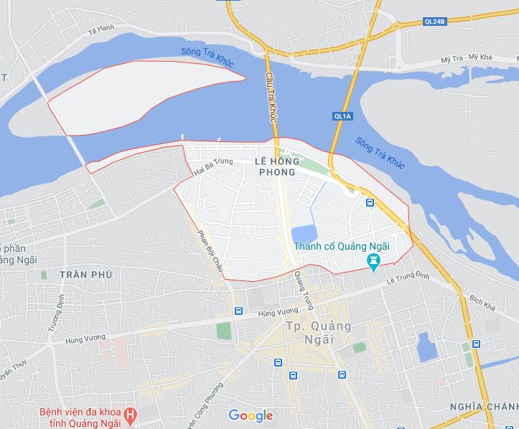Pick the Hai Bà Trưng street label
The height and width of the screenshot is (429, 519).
tap(214, 166)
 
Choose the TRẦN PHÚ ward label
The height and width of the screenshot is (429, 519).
tap(88, 275)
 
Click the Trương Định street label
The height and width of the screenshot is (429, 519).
tap(55, 315)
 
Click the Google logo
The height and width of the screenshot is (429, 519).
tap(251, 415)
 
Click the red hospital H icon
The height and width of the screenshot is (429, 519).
tap(130, 414)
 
